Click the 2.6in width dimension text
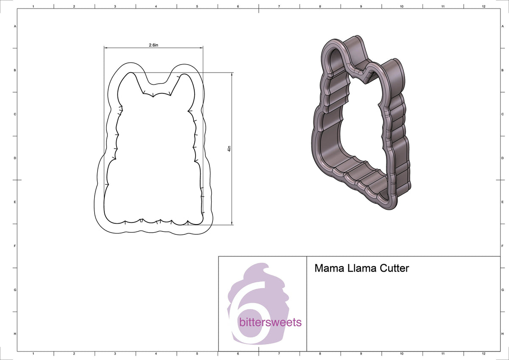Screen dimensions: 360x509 click(154, 45)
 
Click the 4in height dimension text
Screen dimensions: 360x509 click(229, 149)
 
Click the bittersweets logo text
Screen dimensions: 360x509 click(270, 322)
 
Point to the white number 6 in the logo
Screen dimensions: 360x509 click(249, 312)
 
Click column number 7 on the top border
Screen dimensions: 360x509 click(279, 6)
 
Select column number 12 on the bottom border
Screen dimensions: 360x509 click(484, 353)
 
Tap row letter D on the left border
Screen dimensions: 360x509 click(15, 158)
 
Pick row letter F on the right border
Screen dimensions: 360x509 click(503, 246)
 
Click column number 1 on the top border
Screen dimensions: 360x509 click(33, 6)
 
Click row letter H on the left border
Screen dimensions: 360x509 click(15, 334)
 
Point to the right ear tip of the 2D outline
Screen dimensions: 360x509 click(185, 75)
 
